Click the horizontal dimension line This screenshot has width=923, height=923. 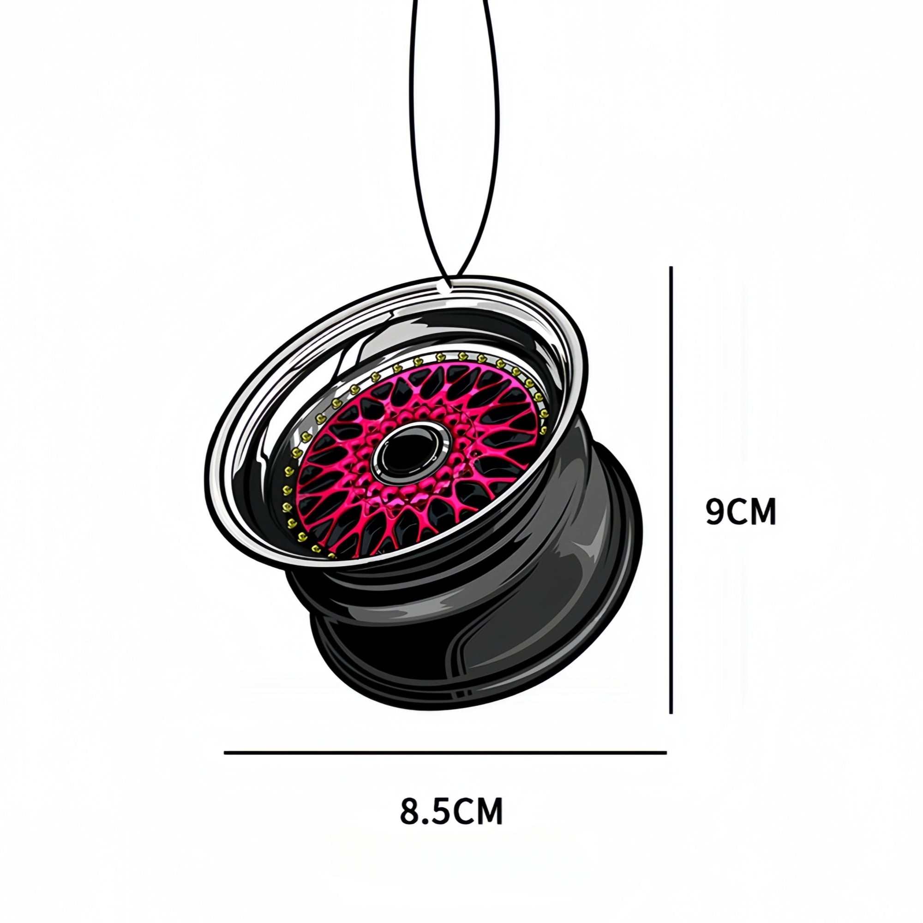coord(444,753)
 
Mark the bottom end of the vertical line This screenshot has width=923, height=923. coord(671,726)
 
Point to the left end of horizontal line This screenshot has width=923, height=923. coord(226,753)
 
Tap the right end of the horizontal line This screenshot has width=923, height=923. coord(665,753)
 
